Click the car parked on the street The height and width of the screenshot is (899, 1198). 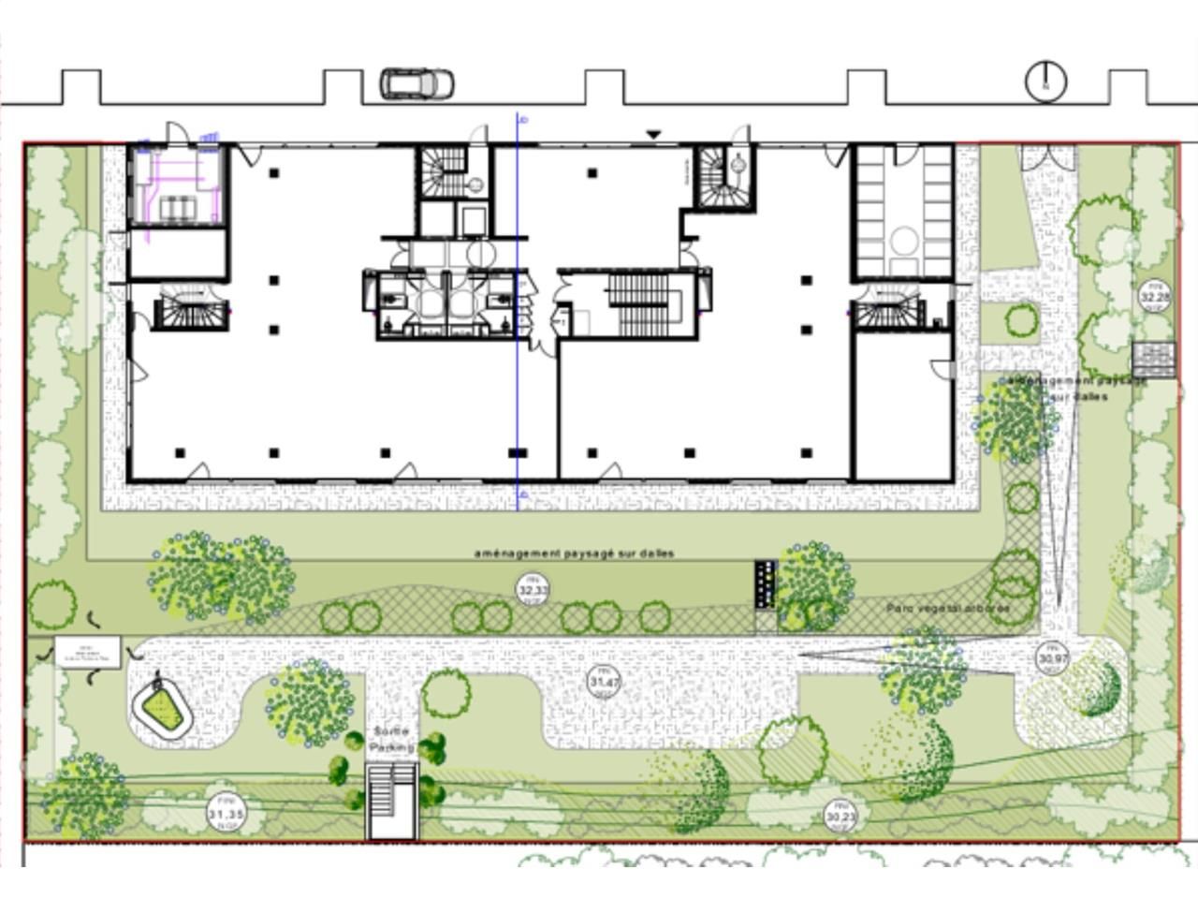(x=416, y=83)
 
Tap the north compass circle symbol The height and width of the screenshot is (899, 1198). (x=1045, y=81)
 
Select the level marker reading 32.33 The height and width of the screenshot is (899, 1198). (x=533, y=590)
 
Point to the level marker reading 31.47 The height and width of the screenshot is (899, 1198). (x=605, y=682)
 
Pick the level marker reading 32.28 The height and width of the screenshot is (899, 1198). (x=1154, y=296)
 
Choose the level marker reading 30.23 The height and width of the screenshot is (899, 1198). (x=840, y=817)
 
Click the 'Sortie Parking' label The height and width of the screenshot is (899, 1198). (x=391, y=740)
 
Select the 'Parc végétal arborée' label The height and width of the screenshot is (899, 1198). (x=948, y=609)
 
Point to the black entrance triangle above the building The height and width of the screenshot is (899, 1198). (x=653, y=136)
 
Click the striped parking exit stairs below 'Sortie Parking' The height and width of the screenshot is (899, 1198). (x=392, y=801)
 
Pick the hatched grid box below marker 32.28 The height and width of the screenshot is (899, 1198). (x=1153, y=360)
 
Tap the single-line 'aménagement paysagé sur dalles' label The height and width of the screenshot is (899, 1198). (x=574, y=553)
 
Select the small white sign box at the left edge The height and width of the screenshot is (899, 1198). (x=87, y=651)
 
